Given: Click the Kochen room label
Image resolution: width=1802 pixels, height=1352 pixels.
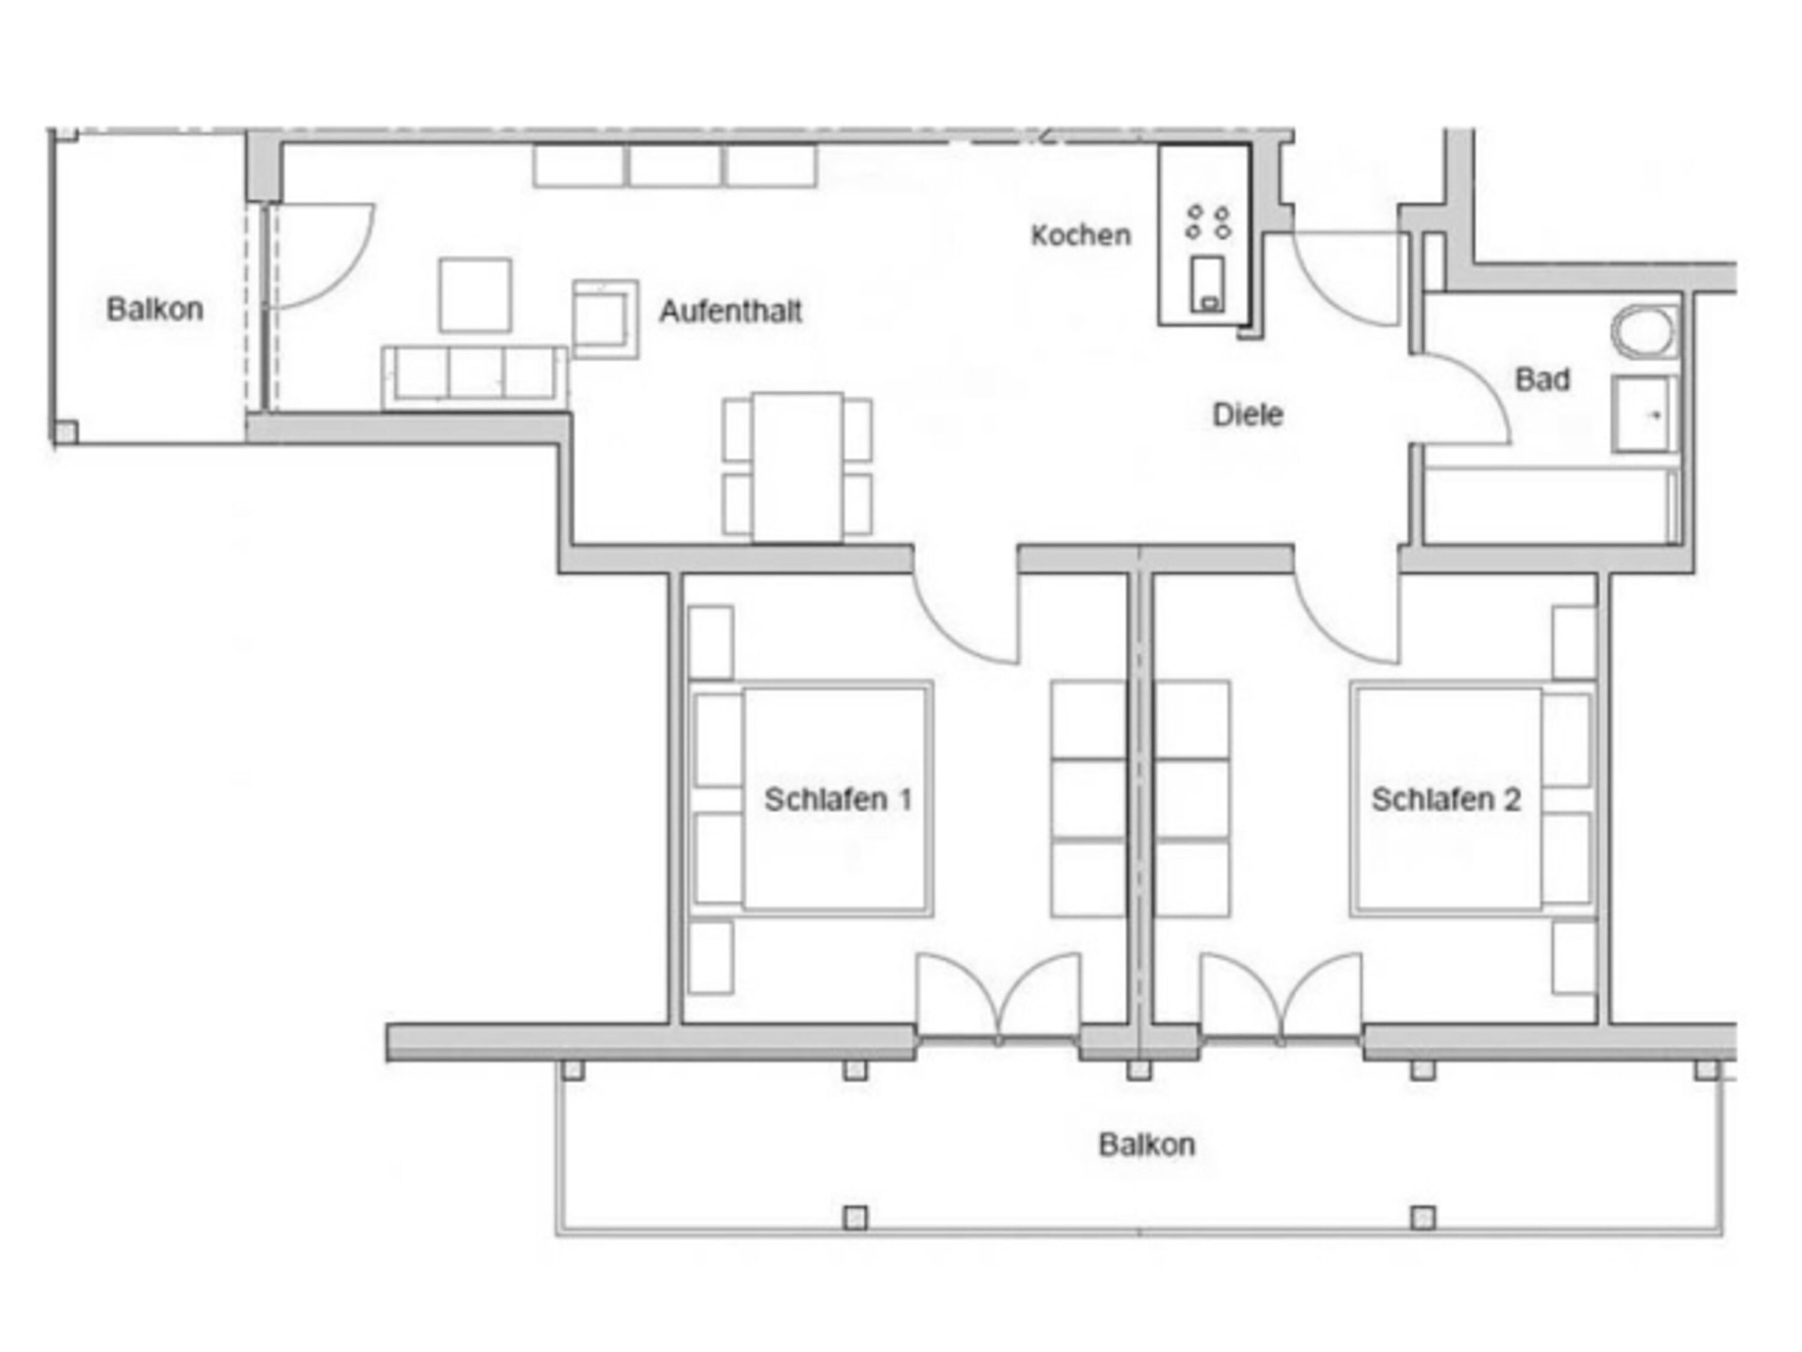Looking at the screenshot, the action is coord(1081,236).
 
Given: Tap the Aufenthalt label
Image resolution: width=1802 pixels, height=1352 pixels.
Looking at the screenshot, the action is coord(731,311).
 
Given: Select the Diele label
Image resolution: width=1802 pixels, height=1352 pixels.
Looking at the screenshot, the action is coord(1247,415).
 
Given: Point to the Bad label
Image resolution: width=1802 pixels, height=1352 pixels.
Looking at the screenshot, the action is coord(1542,380).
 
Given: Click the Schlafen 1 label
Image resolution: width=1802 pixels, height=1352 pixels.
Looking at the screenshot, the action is coord(837,799).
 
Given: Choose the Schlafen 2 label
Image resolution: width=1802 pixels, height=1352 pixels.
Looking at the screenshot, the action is coord(1446,799).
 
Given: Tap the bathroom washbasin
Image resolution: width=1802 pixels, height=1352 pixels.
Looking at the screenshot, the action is coord(1644,414).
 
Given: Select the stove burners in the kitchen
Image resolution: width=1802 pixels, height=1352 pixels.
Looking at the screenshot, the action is coord(1208,222).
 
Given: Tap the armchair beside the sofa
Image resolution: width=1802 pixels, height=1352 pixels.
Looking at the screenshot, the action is coord(604,318).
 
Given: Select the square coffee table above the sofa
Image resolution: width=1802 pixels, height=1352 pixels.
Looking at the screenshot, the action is coord(475,295).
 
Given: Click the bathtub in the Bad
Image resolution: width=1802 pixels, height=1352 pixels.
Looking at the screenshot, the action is coord(1551,505).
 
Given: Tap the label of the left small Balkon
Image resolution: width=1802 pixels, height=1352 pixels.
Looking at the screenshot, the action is coord(155,309).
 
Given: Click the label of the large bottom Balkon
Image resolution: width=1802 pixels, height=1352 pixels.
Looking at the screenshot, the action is coord(1146,1145).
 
